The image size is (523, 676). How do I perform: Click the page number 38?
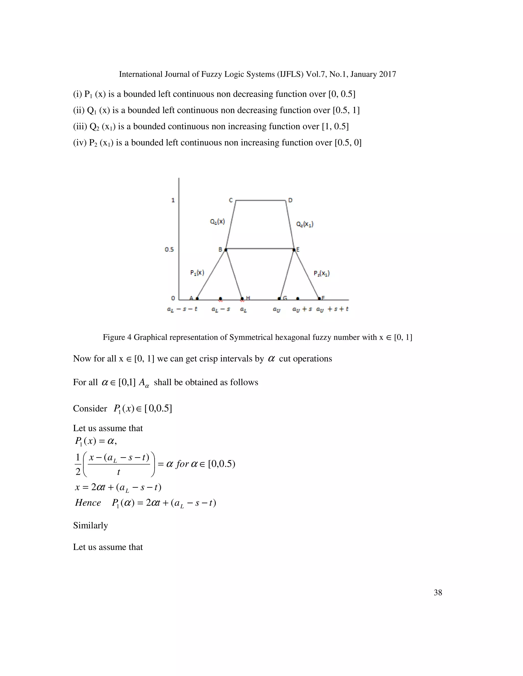(x=437, y=592)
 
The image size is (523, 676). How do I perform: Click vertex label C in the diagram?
(x=231, y=200)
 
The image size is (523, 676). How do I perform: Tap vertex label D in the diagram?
(x=290, y=200)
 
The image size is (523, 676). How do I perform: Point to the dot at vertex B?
(x=225, y=249)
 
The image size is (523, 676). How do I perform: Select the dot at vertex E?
(x=294, y=249)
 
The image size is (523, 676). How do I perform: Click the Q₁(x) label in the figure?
(x=217, y=222)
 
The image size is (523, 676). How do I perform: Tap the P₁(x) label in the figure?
(x=197, y=273)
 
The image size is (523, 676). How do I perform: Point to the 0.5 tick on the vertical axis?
(x=169, y=249)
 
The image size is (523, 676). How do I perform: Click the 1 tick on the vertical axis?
(x=173, y=200)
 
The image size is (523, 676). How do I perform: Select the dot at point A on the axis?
(x=197, y=298)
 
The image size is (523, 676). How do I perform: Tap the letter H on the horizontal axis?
(x=248, y=298)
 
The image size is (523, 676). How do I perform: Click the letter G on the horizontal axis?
(x=285, y=298)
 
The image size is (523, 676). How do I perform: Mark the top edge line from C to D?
(x=260, y=201)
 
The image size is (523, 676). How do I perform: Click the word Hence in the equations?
(x=88, y=503)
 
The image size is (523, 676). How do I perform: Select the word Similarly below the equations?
(x=90, y=525)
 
